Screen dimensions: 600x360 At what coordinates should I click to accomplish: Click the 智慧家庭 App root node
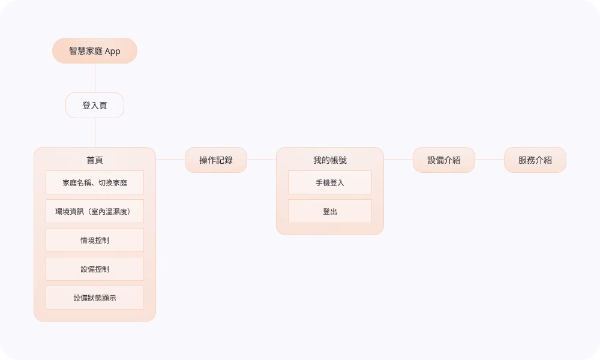95,50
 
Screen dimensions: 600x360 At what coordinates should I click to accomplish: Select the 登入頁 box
95,105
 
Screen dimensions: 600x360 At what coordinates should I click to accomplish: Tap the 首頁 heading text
95,160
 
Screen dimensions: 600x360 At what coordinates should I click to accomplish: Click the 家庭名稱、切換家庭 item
95,182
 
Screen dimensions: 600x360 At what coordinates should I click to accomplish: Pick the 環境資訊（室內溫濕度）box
95,211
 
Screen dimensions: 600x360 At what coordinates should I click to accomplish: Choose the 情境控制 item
95,240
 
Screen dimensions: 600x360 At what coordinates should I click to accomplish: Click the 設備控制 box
95,269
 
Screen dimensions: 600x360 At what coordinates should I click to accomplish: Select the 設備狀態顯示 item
95,298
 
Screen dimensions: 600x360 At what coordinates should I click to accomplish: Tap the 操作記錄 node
216,160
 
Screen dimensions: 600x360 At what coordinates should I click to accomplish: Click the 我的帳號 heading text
330,160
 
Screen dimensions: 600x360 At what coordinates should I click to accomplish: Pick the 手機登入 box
330,182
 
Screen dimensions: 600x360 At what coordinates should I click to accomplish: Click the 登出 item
330,211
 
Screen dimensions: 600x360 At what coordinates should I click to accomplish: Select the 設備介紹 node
444,160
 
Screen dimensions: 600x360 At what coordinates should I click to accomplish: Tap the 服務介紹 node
535,160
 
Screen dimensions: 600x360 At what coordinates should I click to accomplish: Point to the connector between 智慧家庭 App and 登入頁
95,78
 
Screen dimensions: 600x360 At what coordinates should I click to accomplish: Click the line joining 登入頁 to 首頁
95,133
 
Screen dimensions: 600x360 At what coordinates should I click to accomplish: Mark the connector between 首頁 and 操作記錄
170,160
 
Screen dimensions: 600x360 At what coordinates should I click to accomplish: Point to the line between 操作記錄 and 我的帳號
262,160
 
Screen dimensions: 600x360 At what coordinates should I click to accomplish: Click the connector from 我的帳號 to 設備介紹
398,160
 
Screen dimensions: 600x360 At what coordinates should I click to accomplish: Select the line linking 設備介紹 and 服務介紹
490,160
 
